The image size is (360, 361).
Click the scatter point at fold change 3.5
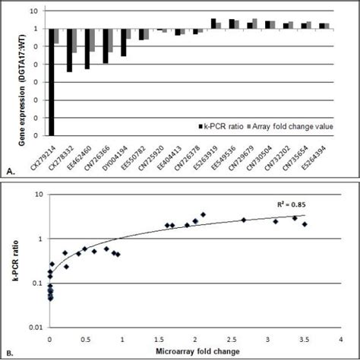[x=305, y=224]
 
